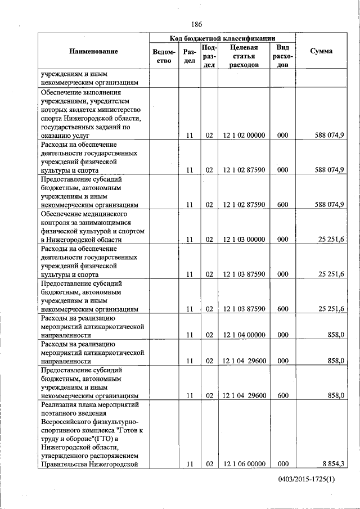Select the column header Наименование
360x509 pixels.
point(93,51)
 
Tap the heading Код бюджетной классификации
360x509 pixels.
point(222,38)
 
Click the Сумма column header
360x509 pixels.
point(321,51)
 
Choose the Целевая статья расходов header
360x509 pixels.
point(244,56)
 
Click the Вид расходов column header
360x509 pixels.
point(282,56)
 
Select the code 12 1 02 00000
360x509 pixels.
point(244,135)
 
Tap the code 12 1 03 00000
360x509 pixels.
point(244,240)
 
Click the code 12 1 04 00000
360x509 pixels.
point(244,335)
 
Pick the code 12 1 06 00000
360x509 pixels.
point(244,464)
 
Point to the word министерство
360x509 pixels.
point(120,110)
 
